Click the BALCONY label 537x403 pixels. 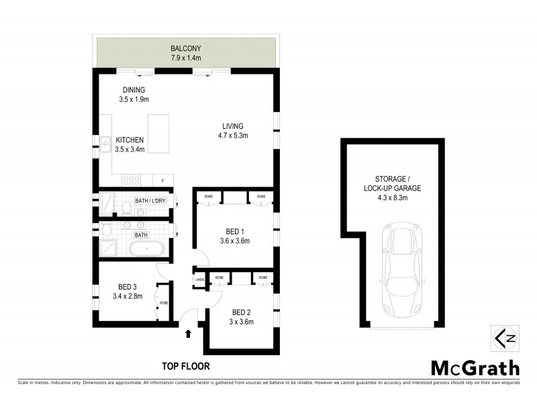coord(186,48)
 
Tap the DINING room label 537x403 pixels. coord(134,90)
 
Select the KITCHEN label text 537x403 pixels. coord(130,140)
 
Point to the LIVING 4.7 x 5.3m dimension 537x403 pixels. coord(234,136)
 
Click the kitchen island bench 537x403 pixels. coord(159,134)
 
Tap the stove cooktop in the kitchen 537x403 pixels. coord(130,179)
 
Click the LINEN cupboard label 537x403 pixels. coord(199,280)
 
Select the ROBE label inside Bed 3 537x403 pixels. coord(164,303)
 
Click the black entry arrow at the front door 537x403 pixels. coord(189,332)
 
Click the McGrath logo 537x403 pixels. coord(475,367)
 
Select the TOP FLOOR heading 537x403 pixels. coord(185,366)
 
